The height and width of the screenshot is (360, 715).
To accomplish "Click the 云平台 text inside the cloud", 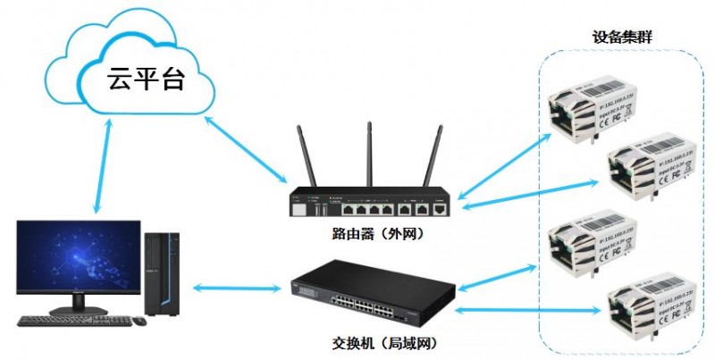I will pos(145,80).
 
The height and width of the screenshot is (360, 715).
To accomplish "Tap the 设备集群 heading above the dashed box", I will pos(622,38).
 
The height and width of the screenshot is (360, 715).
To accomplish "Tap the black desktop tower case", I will pos(163,272).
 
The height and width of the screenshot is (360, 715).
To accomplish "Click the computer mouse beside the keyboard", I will pos(139,320).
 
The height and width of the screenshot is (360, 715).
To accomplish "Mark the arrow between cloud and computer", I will pos(103,166).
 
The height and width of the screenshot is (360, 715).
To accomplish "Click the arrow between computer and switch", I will pos(237,287).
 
